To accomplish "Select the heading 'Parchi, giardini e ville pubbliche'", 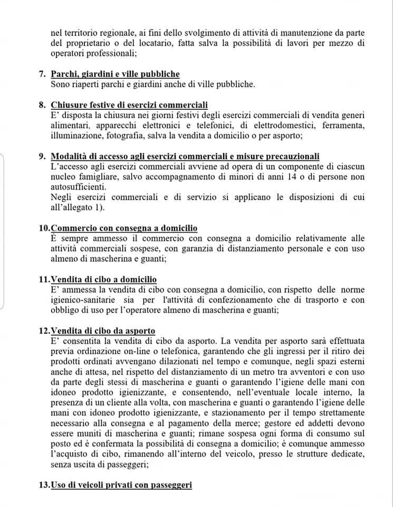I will tap(115, 74).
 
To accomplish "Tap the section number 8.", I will tap(42, 105).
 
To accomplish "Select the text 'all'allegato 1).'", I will tap(78, 207).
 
